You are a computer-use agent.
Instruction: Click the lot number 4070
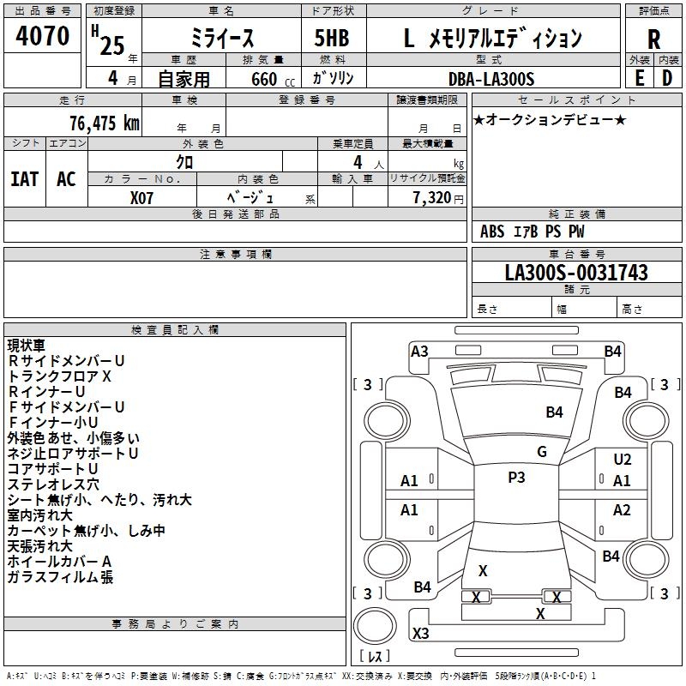point(43,36)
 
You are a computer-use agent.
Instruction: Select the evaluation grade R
point(653,39)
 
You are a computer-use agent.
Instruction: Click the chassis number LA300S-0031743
point(576,273)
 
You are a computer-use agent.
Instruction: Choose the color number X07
point(142,196)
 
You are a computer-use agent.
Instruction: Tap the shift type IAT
point(24,179)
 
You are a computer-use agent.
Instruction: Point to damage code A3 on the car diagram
point(419,351)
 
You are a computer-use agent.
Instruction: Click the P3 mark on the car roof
point(516,478)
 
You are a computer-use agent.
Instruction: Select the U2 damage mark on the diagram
point(623,460)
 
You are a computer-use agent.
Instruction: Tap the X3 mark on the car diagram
point(421,634)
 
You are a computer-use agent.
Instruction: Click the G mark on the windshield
point(541,452)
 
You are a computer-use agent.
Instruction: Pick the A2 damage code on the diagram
point(622,510)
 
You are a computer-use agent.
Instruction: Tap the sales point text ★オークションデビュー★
point(550,119)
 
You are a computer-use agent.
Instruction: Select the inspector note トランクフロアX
point(60,376)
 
